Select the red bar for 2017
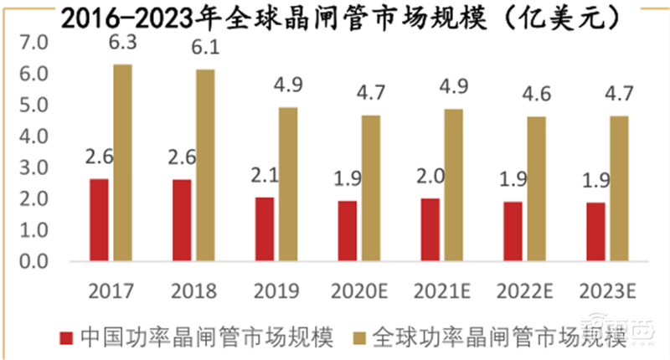click(x=99, y=219)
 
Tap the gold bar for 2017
click(x=122, y=162)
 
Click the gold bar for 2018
click(x=205, y=165)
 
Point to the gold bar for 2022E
click(x=536, y=188)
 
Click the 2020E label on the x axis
click(x=358, y=291)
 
